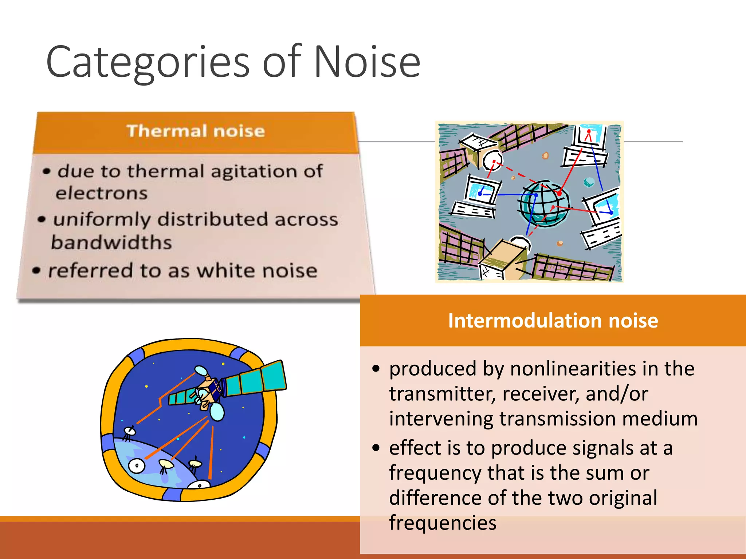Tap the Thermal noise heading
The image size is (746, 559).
click(x=196, y=131)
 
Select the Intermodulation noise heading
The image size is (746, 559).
click(x=553, y=321)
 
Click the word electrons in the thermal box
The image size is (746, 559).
click(x=102, y=193)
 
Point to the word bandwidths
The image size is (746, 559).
click(x=111, y=243)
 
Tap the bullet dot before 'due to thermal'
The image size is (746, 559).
click(x=46, y=171)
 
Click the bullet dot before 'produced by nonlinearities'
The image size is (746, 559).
click(x=376, y=369)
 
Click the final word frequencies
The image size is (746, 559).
click(x=442, y=523)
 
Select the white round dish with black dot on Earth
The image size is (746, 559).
click(x=137, y=465)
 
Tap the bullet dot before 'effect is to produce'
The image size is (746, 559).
click(x=376, y=448)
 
